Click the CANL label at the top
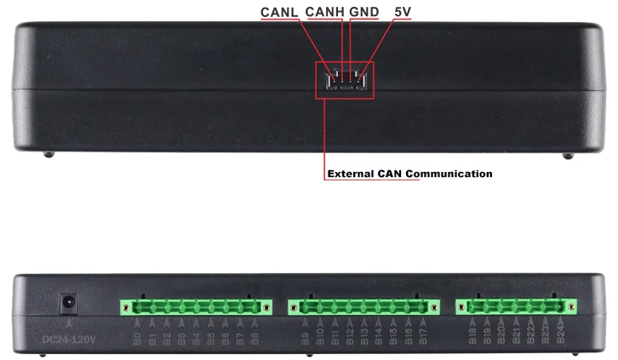[279, 13]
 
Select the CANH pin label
[325, 13]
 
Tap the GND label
[364, 13]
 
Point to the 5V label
[403, 13]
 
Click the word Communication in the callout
[449, 174]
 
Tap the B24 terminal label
[561, 336]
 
